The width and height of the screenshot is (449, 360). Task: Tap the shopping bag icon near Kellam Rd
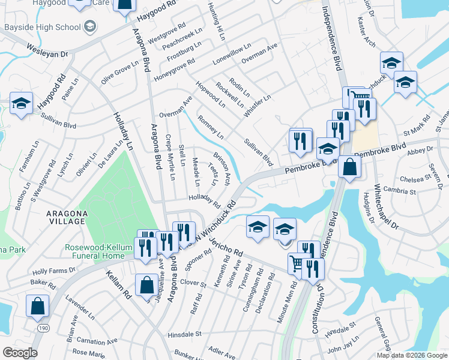click(146, 285)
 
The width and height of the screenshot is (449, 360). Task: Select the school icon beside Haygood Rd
click(21, 103)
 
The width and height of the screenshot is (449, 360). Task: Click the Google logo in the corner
click(20, 353)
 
